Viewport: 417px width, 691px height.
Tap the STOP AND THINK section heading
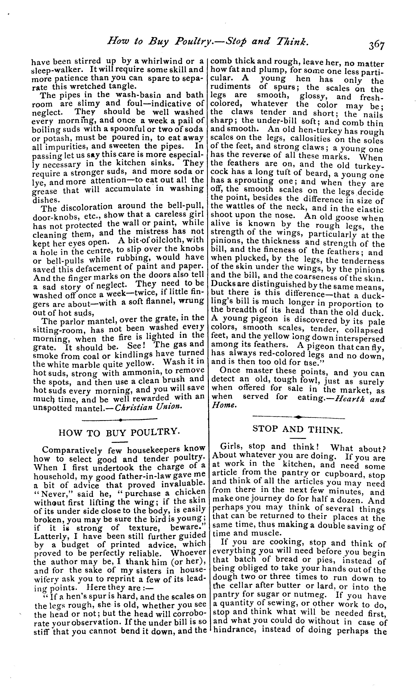point(298,429)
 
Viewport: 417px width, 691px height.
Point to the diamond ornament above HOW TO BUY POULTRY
point(120,420)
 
